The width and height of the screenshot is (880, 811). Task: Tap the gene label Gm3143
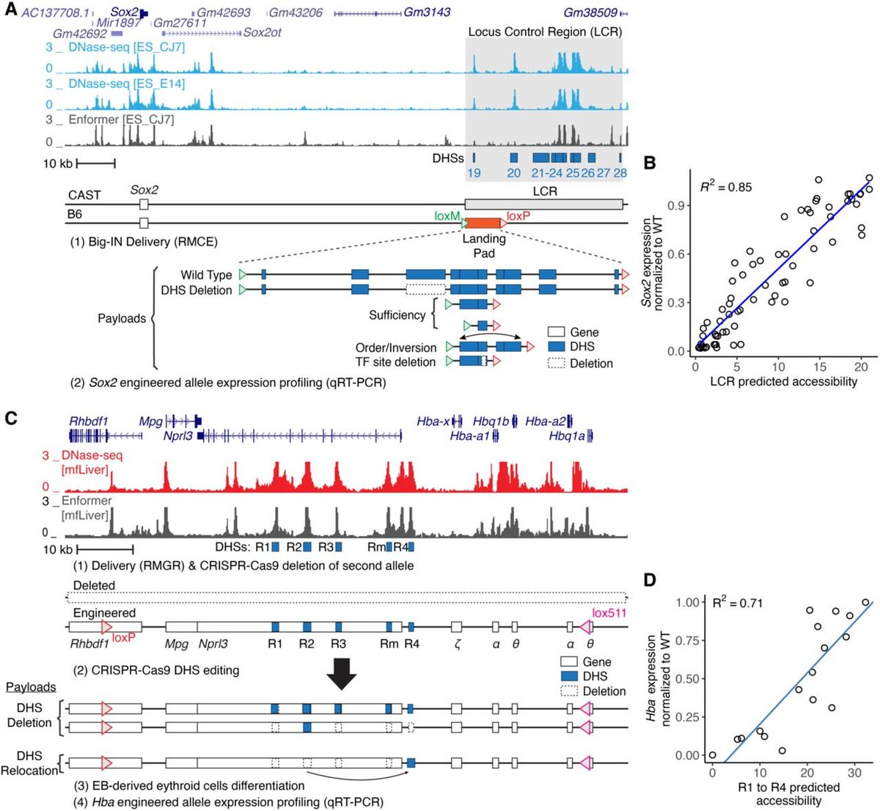coord(427,12)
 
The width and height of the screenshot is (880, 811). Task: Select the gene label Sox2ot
coord(263,33)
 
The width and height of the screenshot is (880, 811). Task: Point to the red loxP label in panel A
coord(518,216)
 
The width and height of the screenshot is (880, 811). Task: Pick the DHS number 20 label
coord(513,173)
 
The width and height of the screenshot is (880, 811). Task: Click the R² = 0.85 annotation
coord(725,187)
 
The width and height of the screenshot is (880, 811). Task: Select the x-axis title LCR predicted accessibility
coord(783,381)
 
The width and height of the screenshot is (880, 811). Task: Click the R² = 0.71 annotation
coord(737,603)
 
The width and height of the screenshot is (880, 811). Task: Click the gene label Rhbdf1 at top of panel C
coord(88,421)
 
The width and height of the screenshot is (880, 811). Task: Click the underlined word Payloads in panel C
coord(31,687)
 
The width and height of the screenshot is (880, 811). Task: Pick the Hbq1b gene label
coord(491,421)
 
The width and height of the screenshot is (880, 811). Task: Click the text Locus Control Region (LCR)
coord(544,32)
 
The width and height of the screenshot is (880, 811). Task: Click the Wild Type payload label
coord(206,275)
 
